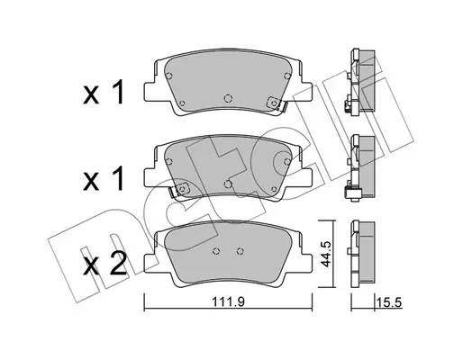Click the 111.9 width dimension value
click(229, 301)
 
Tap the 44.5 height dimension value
click(325, 254)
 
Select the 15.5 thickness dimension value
click(390, 302)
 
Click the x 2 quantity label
click(104, 264)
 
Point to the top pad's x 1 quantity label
click(104, 93)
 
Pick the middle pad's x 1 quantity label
click(104, 179)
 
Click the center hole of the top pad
click(228, 98)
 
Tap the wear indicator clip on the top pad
click(277, 103)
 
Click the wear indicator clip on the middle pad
click(179, 190)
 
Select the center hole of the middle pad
click(228, 184)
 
